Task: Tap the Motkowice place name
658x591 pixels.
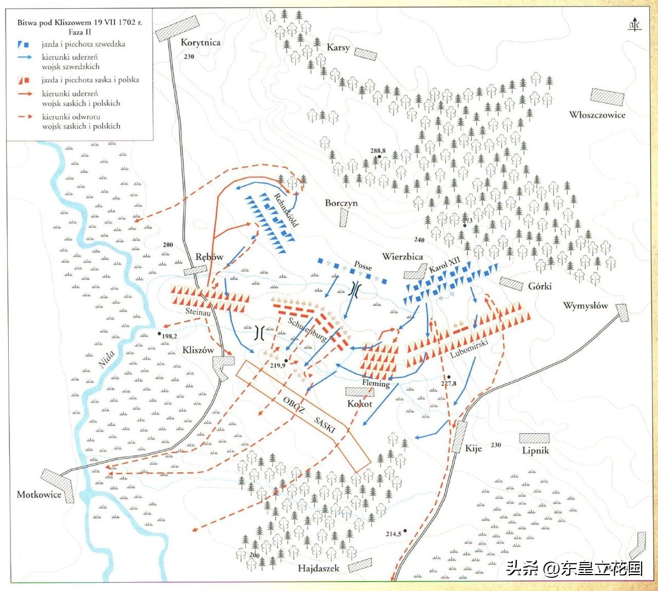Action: tap(39, 495)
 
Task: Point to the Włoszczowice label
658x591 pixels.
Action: tap(597, 115)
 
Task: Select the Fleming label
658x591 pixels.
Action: tap(376, 383)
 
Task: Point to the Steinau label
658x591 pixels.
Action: tap(198, 312)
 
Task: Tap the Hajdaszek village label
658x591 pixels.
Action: tap(318, 568)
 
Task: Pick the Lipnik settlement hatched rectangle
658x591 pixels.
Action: tap(534, 438)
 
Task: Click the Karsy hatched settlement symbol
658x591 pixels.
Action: tap(365, 54)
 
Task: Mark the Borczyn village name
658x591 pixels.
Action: tap(341, 203)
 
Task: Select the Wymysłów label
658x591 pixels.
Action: tap(585, 306)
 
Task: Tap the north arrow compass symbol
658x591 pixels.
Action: tap(634, 25)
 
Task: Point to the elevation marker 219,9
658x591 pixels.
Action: tap(277, 365)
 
